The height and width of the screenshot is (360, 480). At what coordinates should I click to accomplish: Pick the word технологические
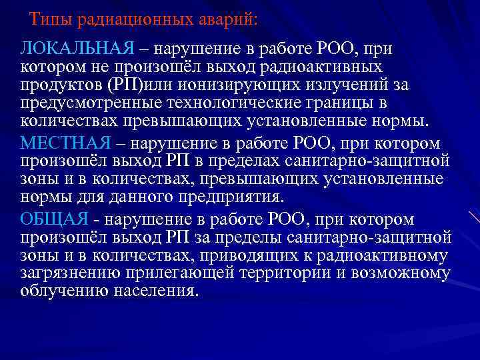(x=263, y=105)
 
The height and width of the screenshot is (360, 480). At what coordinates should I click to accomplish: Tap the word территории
(x=297, y=273)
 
